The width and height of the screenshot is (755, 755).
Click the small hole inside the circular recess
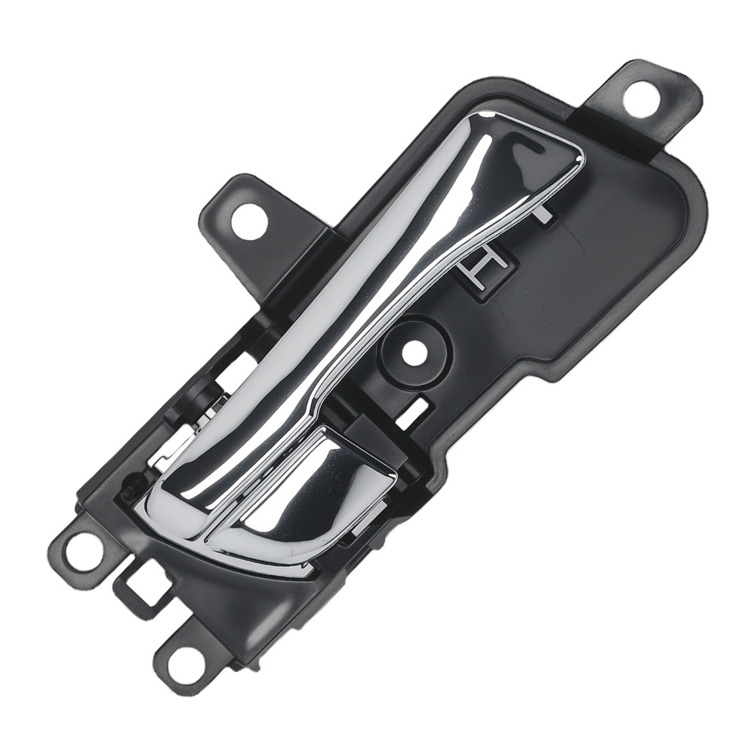point(411,350)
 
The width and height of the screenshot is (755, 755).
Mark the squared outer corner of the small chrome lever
point(392,476)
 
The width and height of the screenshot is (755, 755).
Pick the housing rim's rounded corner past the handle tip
point(695,196)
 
